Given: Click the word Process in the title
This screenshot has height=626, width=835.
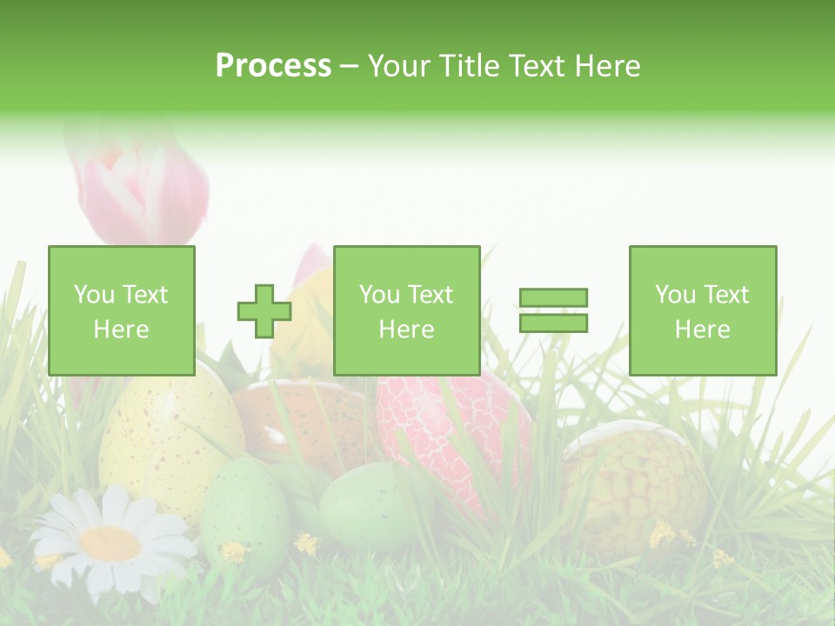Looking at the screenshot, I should point(273,66).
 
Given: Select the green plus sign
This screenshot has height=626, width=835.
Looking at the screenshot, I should point(264,311).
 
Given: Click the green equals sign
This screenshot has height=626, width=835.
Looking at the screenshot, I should point(553,310).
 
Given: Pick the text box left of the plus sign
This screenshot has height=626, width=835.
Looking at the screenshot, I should point(122,310).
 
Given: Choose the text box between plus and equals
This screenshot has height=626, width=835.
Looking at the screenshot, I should point(406,310).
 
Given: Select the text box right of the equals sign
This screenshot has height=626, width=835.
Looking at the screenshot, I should point(702,310).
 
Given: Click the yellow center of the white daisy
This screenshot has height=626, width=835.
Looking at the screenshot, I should point(110,543).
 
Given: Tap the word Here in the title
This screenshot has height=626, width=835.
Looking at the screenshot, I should point(609,66).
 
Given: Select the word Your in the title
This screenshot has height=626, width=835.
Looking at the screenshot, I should point(398,66).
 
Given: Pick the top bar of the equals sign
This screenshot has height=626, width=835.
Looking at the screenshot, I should point(553,298).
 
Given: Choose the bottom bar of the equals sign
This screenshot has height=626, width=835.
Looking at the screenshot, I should point(553,323).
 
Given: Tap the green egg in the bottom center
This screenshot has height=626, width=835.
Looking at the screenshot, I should point(365,504).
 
